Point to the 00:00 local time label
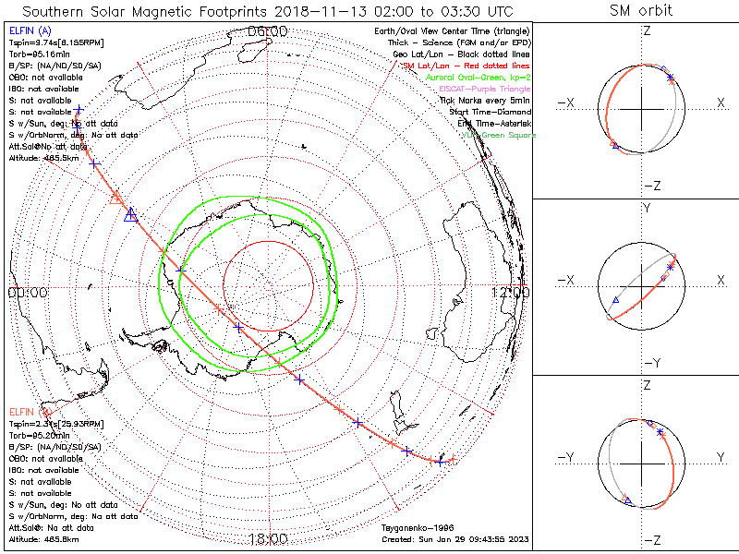(27, 292)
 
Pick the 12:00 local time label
(510, 292)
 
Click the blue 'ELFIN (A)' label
(29, 31)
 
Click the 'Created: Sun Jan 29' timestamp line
(455, 538)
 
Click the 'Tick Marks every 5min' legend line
(484, 100)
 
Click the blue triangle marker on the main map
(130, 214)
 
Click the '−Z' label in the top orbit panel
(651, 186)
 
